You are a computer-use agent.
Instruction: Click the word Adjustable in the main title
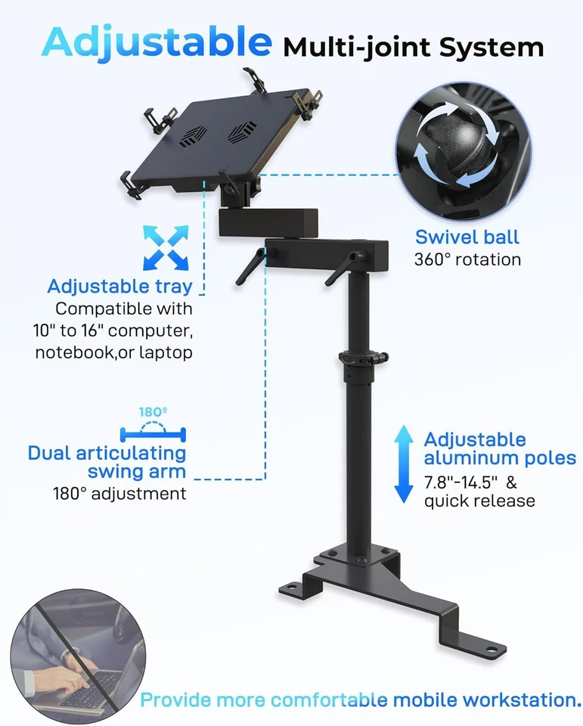(156, 42)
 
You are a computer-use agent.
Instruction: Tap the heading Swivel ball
(467, 237)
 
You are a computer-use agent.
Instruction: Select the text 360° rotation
(467, 259)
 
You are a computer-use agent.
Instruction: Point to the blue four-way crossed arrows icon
(165, 247)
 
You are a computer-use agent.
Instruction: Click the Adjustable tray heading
(119, 287)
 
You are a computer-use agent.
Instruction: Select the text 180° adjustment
(119, 494)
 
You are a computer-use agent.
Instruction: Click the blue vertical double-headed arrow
(405, 464)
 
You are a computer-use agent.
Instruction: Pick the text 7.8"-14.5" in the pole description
(459, 482)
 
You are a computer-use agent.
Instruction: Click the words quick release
(479, 501)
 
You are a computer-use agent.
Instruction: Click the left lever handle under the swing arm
(250, 269)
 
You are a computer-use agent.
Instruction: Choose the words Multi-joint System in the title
(413, 48)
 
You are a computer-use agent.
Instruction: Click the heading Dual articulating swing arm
(107, 462)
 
